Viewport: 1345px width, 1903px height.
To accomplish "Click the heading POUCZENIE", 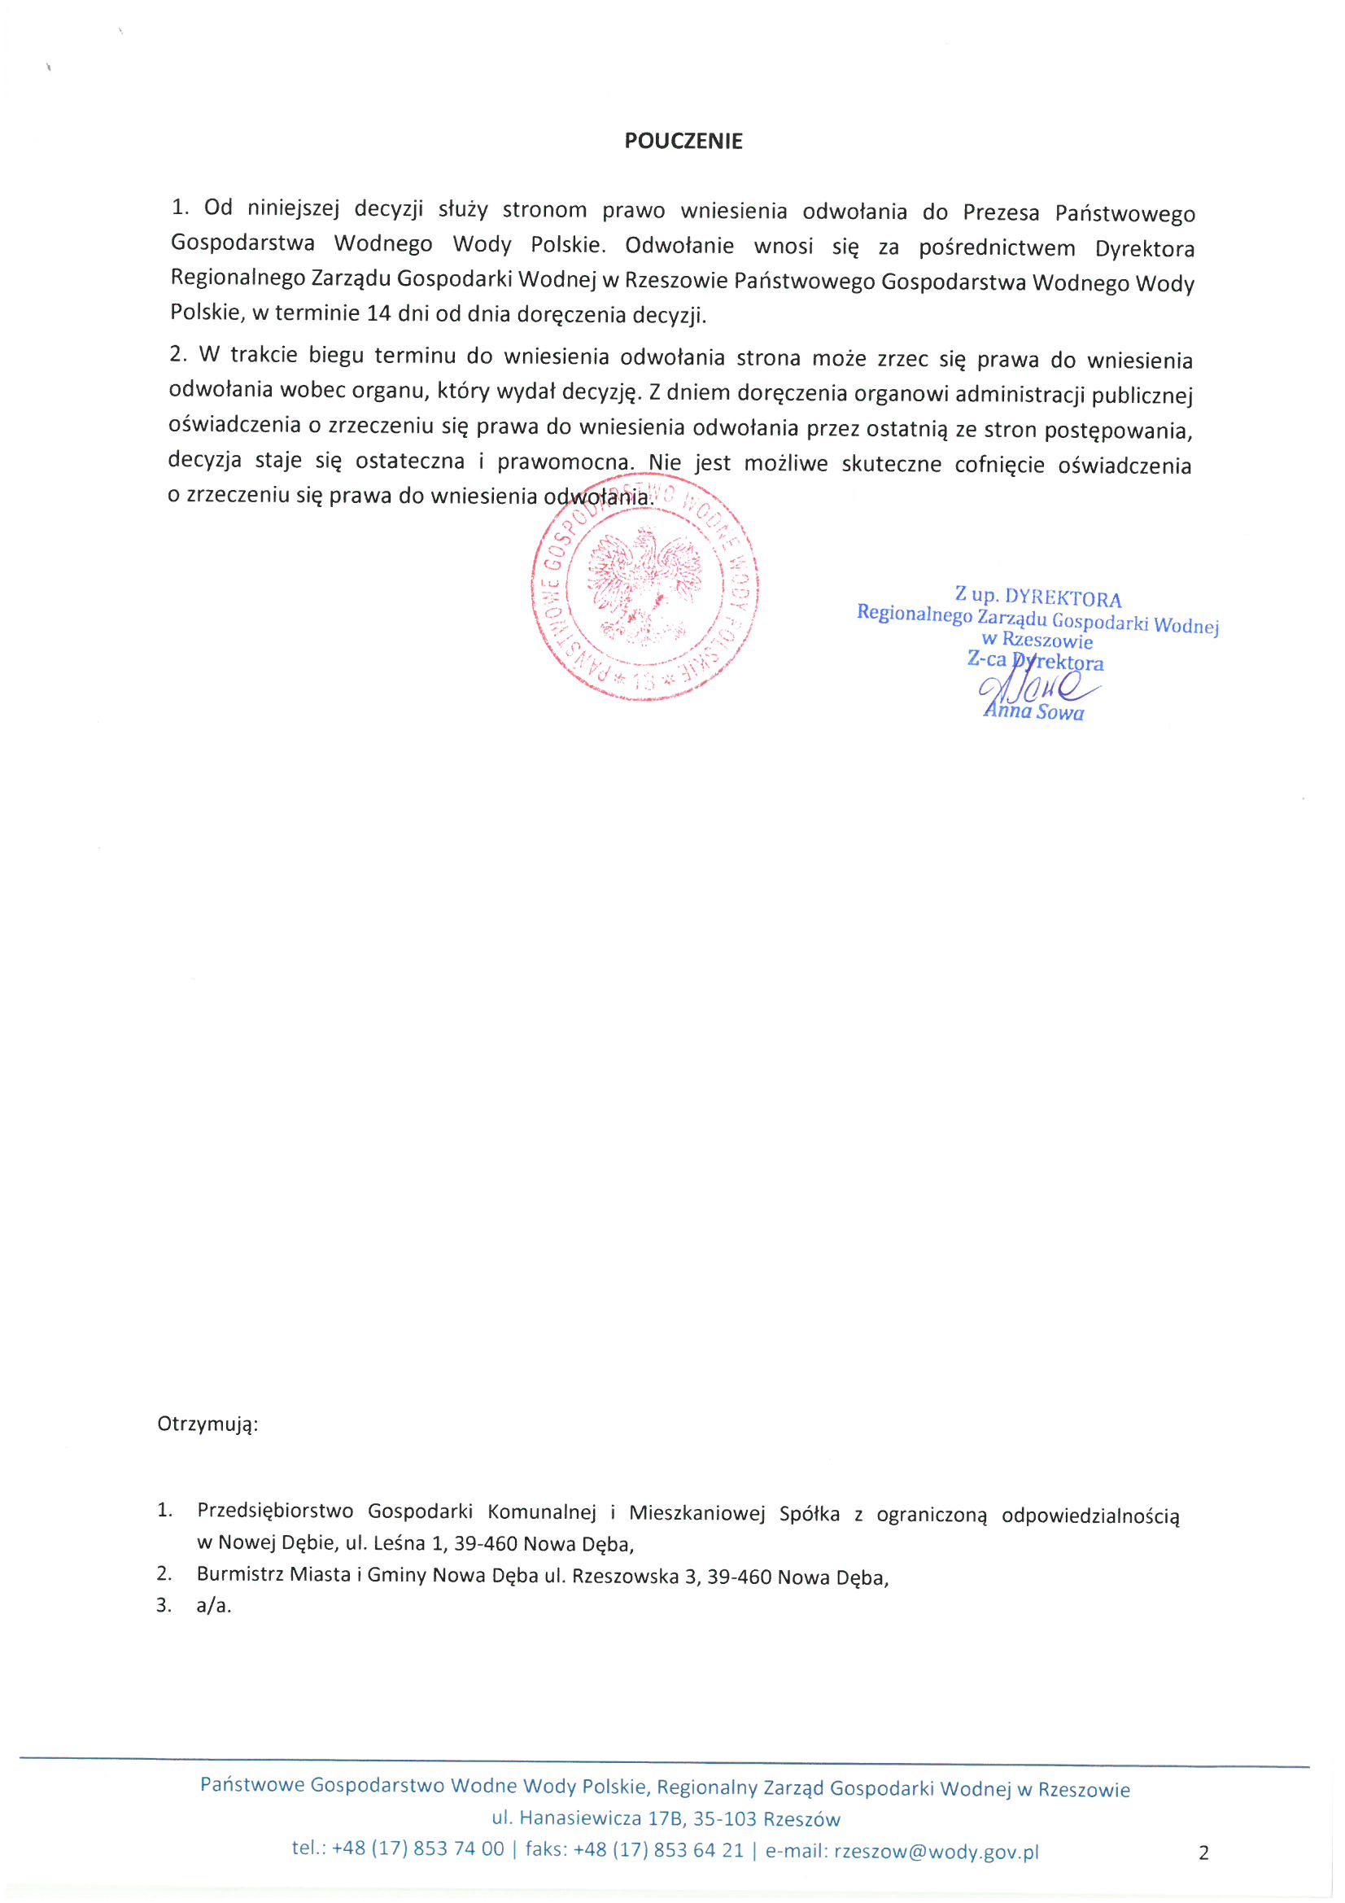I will (x=683, y=141).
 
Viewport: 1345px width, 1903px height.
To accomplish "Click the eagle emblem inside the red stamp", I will (x=644, y=587).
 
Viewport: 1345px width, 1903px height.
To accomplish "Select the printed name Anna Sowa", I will (x=1033, y=712).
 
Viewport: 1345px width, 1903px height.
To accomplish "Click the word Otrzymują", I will (x=208, y=1424).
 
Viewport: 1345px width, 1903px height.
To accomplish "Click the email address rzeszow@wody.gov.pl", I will (x=936, y=1852).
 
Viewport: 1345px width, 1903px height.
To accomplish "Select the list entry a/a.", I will (x=214, y=1605).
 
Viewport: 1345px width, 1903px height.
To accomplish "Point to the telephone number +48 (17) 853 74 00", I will (x=417, y=1849).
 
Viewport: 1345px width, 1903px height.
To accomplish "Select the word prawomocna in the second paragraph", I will (x=564, y=462).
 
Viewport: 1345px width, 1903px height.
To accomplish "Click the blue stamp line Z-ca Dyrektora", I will (x=1035, y=661).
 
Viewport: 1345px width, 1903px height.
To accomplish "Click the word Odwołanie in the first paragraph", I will (x=679, y=246).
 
